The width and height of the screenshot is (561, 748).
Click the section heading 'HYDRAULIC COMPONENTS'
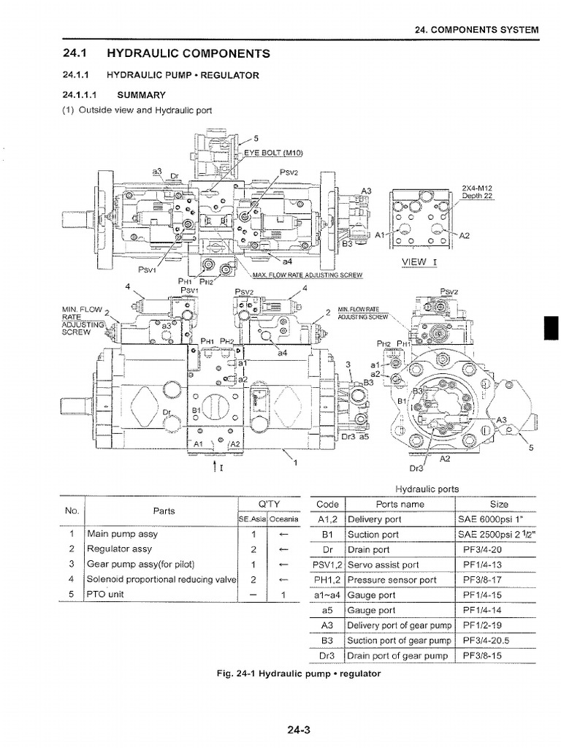click(188, 53)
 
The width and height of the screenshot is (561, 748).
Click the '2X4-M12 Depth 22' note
click(478, 191)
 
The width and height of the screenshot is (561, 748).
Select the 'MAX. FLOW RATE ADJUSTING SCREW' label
click(308, 275)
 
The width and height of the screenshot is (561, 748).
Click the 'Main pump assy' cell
click(121, 533)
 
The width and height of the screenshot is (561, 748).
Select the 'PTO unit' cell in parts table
click(107, 595)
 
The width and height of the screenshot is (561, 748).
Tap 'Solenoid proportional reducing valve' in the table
click(162, 579)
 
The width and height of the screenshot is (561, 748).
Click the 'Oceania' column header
click(283, 519)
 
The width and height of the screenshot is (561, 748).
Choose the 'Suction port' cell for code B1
click(373, 535)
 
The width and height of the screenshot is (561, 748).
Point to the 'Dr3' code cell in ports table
click(327, 656)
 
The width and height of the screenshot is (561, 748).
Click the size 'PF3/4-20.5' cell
click(486, 641)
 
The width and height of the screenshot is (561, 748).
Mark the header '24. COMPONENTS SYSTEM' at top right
click(476, 31)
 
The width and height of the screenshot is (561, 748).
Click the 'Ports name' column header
click(400, 504)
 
